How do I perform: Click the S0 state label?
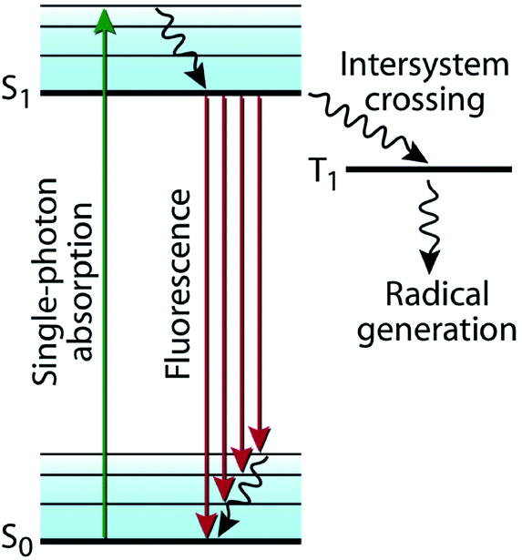pos(16,541)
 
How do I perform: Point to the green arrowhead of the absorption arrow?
pos(105,21)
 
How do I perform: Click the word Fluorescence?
pos(177,284)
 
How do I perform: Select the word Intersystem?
pos(425,65)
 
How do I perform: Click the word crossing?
pos(425,99)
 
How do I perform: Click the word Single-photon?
pos(46,281)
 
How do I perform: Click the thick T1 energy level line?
pos(429,169)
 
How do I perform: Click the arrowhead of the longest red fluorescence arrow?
pos(207,525)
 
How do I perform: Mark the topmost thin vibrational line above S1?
pos(170,5)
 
